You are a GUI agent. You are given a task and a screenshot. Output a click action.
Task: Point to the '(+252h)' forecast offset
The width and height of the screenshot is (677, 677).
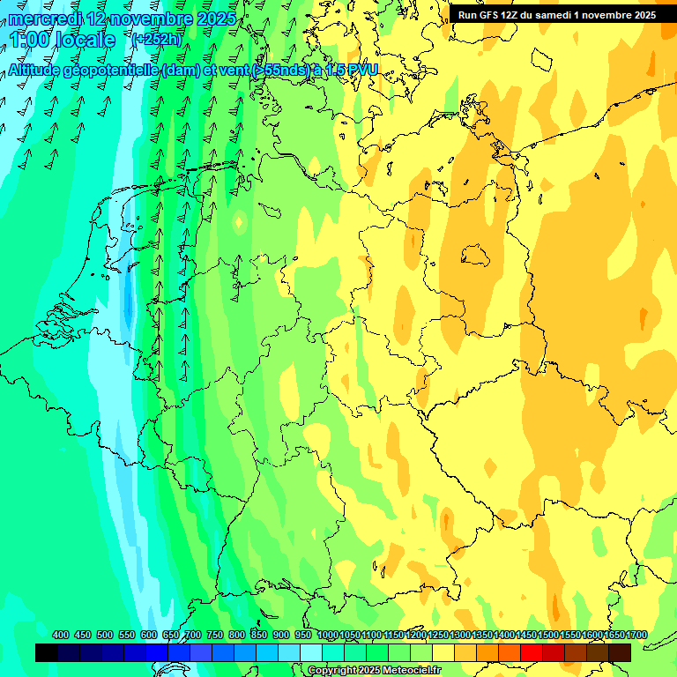(x=158, y=40)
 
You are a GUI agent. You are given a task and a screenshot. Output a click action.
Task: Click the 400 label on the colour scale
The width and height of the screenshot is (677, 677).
(x=61, y=635)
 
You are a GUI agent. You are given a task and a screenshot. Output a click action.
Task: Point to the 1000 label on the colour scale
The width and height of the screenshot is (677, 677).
(x=327, y=635)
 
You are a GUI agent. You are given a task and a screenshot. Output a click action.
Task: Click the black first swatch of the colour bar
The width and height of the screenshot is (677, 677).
(x=47, y=652)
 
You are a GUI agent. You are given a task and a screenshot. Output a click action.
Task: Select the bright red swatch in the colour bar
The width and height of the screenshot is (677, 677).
(x=532, y=652)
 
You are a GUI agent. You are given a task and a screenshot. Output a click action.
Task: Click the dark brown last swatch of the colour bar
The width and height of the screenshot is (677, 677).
(x=620, y=652)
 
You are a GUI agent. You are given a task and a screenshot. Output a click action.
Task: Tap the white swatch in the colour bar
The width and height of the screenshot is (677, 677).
(x=311, y=652)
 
